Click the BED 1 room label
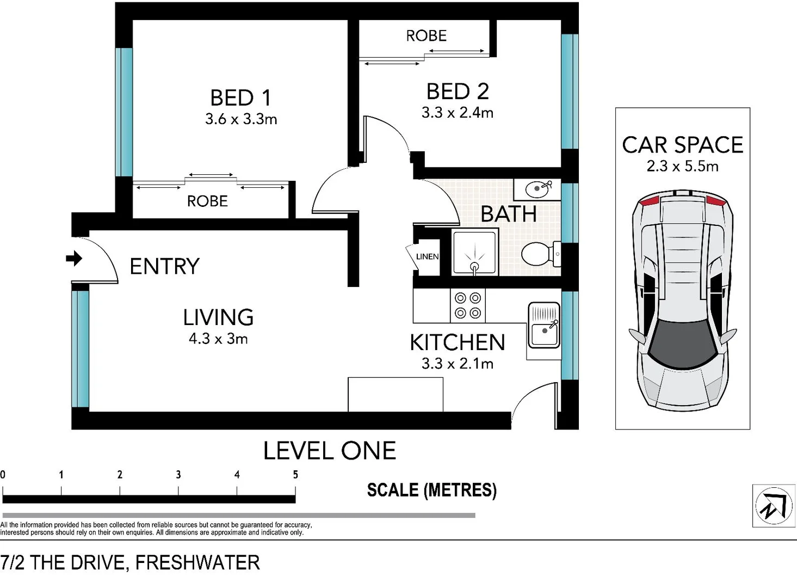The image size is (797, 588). (x=240, y=98)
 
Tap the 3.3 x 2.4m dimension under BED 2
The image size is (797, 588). (x=457, y=113)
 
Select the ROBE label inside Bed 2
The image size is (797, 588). (x=426, y=36)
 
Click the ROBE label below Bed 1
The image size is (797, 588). (x=207, y=201)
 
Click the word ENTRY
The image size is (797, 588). (x=164, y=266)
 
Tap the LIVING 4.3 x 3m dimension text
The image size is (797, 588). (x=218, y=339)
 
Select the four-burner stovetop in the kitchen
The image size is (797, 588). (x=468, y=305)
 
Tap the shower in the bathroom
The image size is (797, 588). (x=474, y=253)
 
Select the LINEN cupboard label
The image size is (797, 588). (x=427, y=256)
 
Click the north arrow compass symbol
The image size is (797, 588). (x=773, y=506)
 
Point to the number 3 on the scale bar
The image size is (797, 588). (x=178, y=475)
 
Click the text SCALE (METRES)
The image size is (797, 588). (x=431, y=490)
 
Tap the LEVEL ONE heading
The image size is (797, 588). (x=330, y=451)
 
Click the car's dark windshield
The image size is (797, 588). (x=682, y=342)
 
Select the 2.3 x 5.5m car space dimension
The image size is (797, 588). (x=682, y=166)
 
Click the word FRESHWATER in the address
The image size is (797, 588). (x=197, y=562)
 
